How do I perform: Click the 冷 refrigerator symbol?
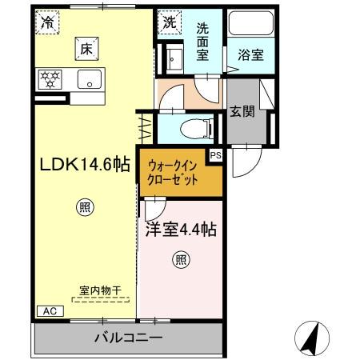[49, 22]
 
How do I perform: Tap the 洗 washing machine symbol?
[170, 22]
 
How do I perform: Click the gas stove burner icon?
[50, 79]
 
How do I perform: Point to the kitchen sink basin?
[90, 79]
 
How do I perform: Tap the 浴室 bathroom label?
[250, 56]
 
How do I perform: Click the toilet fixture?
[191, 126]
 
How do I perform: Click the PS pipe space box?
[214, 157]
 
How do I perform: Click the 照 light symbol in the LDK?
[85, 209]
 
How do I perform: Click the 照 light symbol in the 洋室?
[181, 259]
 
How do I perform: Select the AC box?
[47, 310]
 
